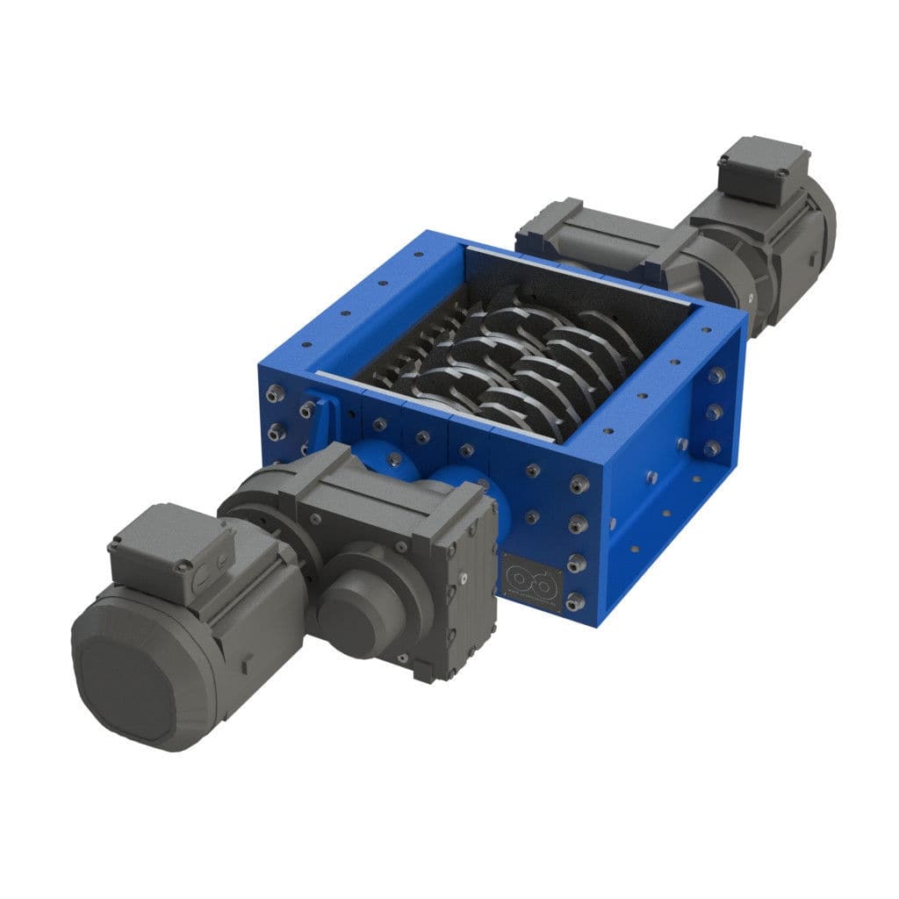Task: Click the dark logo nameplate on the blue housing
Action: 531,580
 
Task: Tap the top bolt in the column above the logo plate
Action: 577,482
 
